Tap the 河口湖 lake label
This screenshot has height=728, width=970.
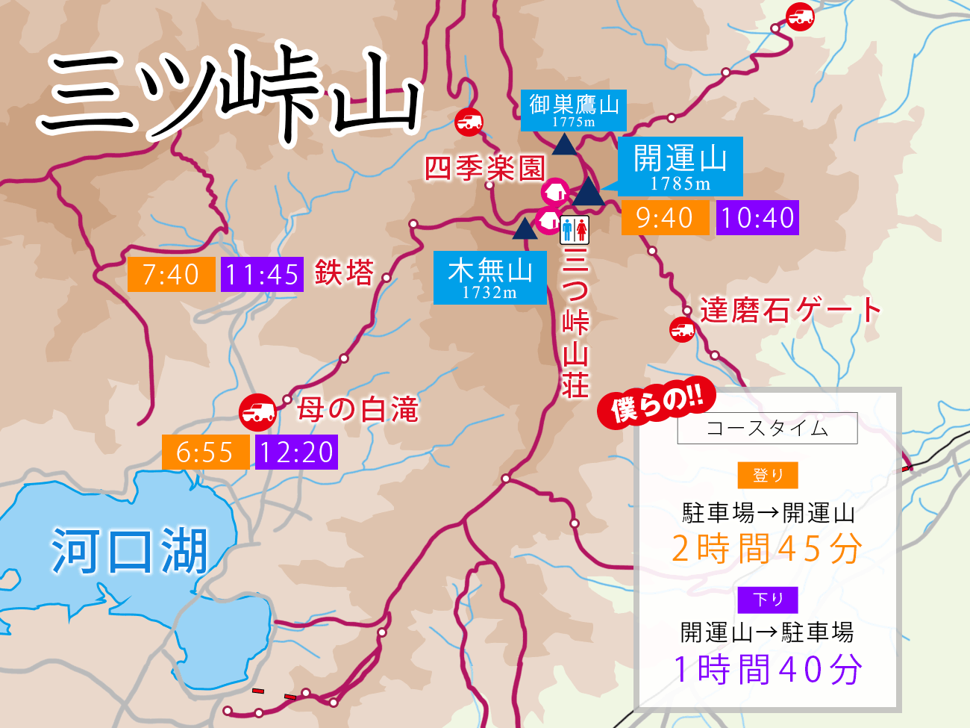(129, 551)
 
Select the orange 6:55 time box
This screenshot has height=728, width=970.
(205, 452)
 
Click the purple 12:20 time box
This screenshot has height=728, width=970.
(296, 452)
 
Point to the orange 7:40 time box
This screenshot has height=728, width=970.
(171, 274)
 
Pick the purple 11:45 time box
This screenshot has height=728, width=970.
(262, 274)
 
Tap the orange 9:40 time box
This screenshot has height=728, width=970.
(665, 218)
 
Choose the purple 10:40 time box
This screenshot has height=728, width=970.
(757, 218)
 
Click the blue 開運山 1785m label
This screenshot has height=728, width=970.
(680, 166)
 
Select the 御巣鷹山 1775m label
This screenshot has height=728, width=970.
(573, 110)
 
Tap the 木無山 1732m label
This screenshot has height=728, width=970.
(489, 277)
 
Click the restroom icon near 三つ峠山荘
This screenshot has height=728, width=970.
(575, 230)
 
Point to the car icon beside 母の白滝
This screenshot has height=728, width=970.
(258, 411)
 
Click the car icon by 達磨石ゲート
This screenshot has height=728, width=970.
(682, 329)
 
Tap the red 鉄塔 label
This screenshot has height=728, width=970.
(344, 273)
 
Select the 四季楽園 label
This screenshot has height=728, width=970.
(485, 169)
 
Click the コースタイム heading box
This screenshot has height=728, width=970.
(767, 429)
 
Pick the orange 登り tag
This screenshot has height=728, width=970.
(768, 476)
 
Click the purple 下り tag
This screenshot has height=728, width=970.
(768, 600)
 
